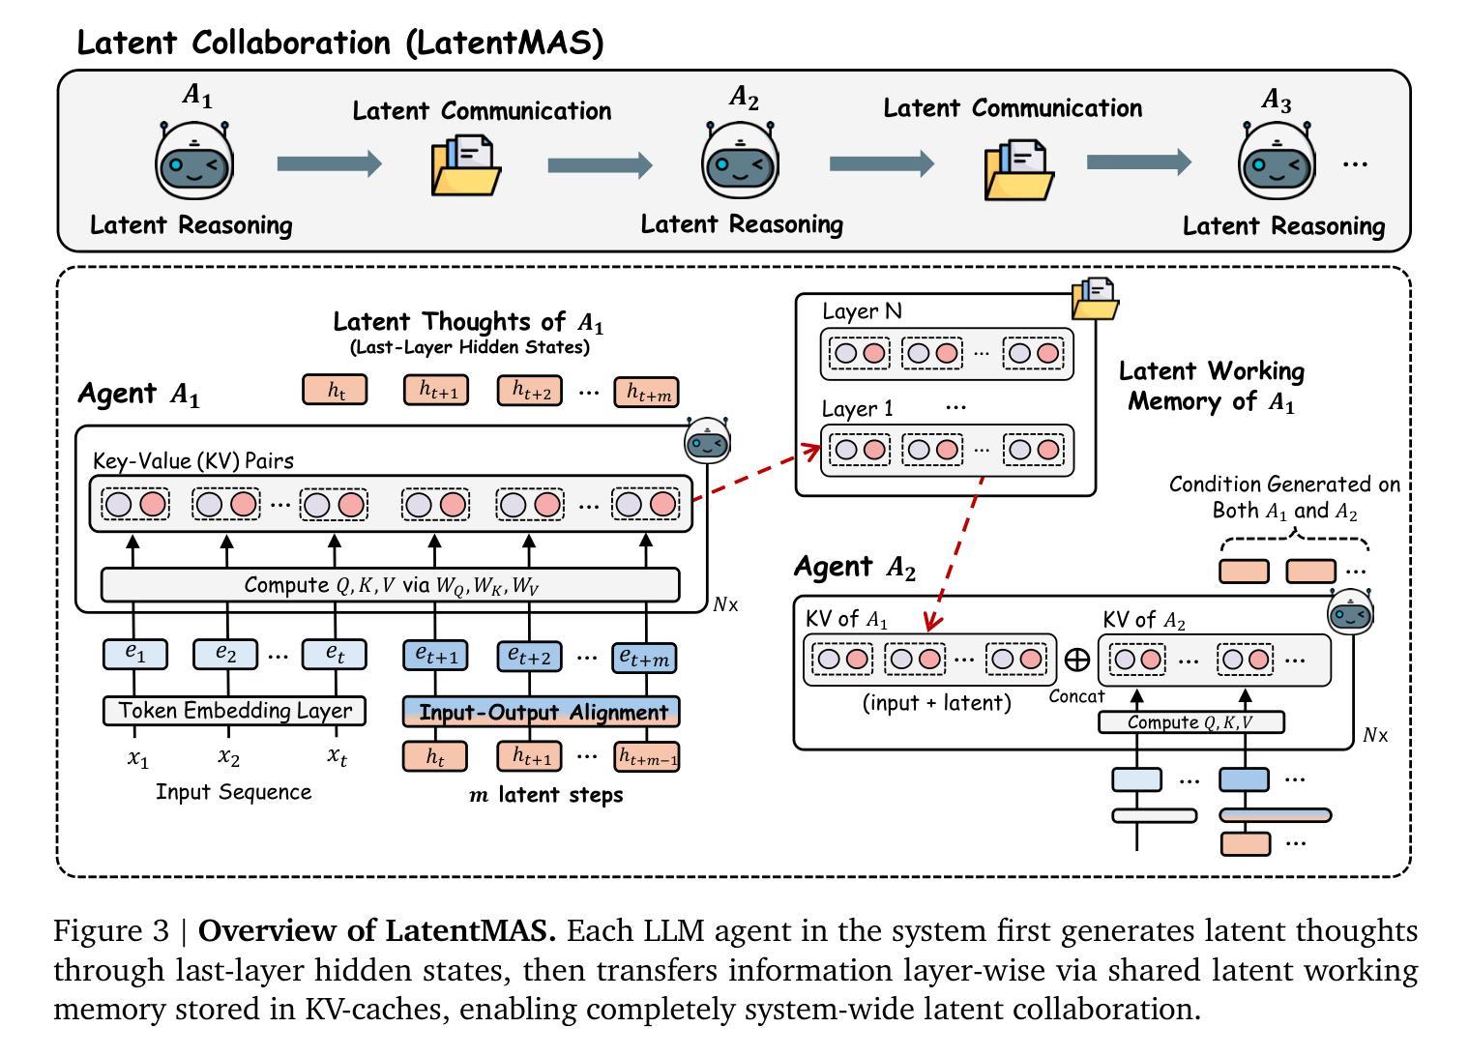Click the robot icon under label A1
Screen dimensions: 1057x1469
click(x=195, y=161)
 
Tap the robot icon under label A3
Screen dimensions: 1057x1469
click(x=1278, y=163)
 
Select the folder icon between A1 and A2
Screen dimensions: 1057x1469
click(x=465, y=165)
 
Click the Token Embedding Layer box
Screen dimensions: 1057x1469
click(x=234, y=711)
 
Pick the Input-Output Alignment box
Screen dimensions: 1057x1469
click(x=542, y=712)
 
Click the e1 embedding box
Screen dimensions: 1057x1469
click(x=135, y=655)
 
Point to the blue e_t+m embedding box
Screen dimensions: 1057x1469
click(x=644, y=658)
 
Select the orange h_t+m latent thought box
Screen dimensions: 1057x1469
click(x=646, y=392)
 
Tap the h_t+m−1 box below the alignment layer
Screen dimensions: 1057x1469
click(x=647, y=757)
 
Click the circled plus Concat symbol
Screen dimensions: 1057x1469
click(x=1076, y=660)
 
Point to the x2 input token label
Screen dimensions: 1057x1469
click(x=227, y=756)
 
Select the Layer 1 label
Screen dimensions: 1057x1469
click(x=857, y=409)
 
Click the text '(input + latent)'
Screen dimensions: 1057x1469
click(x=936, y=703)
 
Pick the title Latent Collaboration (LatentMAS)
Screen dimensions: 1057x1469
click(x=339, y=43)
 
